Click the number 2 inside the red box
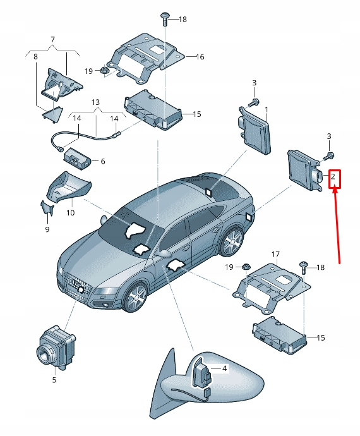click(333, 177)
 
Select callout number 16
click(200, 57)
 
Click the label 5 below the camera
click(54, 380)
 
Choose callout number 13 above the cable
click(96, 102)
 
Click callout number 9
click(47, 229)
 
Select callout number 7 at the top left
click(52, 40)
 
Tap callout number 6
click(102, 161)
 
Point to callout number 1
click(267, 109)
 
